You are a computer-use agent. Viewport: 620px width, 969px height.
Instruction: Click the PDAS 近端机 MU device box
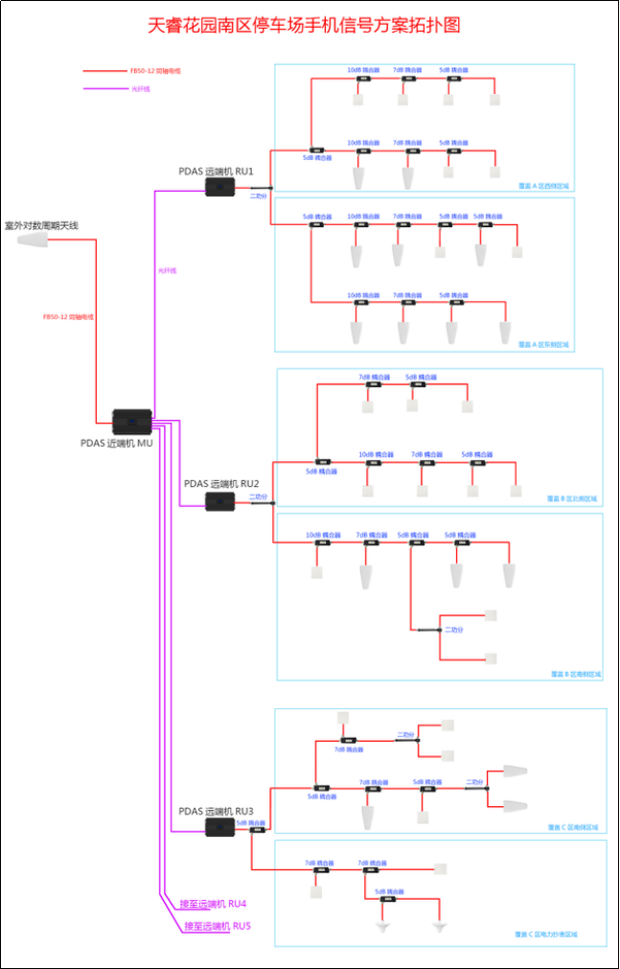coord(131,422)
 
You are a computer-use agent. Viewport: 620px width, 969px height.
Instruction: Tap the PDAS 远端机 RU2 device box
coord(220,501)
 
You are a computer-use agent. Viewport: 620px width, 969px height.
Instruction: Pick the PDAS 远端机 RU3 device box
coord(219,827)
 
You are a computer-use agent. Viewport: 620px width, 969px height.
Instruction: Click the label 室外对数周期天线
coord(41,225)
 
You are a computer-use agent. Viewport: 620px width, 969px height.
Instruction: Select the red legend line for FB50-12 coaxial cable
coord(104,71)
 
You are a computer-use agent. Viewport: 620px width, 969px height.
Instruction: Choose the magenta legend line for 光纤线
coord(104,90)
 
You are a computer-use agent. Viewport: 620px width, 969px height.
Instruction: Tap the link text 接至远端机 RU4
coord(214,904)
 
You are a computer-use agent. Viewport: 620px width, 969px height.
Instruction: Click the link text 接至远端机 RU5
coord(217,927)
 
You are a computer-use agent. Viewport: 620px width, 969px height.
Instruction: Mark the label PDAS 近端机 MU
coord(117,443)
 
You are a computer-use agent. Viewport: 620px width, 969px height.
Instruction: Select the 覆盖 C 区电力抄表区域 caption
coord(546,934)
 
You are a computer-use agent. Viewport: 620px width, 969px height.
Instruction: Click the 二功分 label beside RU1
coord(258,196)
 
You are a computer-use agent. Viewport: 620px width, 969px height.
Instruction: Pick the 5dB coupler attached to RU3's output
coord(257,830)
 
